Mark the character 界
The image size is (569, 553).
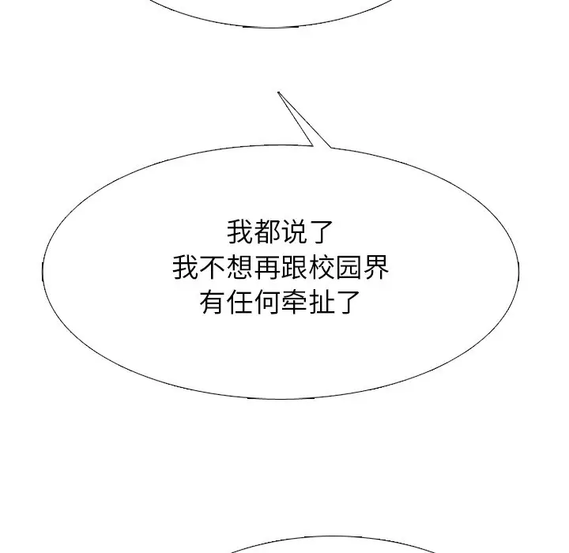tap(376, 268)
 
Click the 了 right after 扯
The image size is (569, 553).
tap(349, 302)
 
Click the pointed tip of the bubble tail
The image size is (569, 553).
tap(278, 92)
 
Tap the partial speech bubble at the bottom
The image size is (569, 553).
tap(333, 544)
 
